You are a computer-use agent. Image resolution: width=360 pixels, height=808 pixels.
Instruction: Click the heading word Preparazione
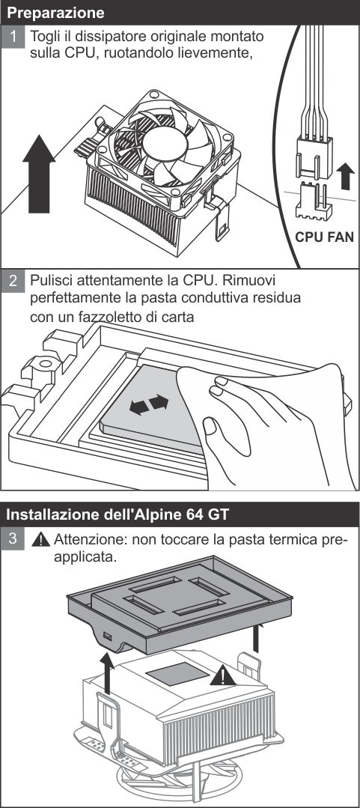[x=55, y=13]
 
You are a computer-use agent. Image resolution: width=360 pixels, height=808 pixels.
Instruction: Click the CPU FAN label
[x=324, y=238]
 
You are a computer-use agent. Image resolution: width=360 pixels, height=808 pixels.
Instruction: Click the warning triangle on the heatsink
[x=222, y=677]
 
